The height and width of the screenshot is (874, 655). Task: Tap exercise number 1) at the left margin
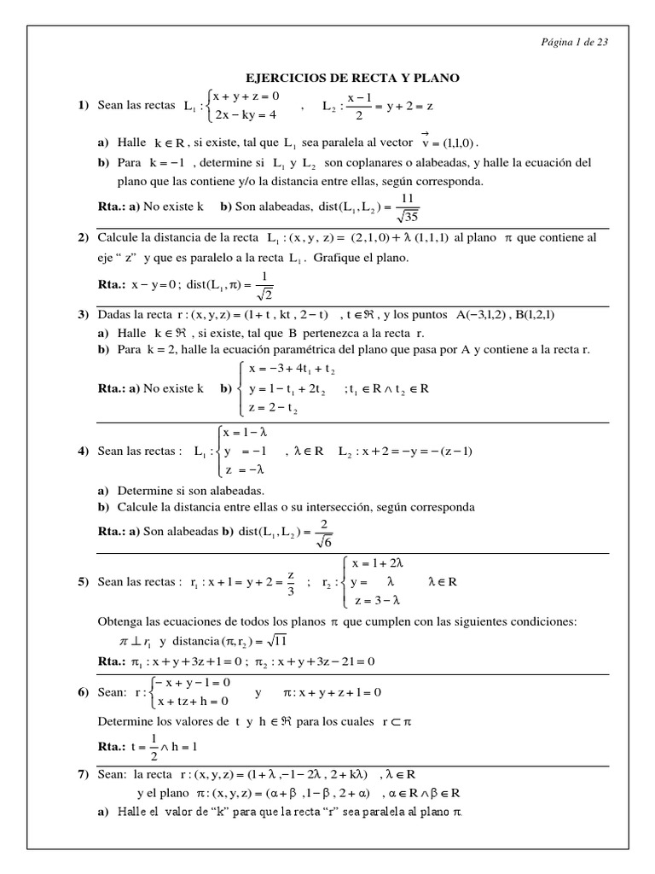[84, 105]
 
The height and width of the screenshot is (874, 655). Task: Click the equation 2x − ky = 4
[244, 114]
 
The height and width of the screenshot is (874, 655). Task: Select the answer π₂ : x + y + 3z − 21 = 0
[316, 661]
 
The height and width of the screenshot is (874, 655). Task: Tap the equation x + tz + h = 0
[193, 702]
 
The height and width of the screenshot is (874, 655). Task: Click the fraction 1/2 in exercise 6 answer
[154, 746]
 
